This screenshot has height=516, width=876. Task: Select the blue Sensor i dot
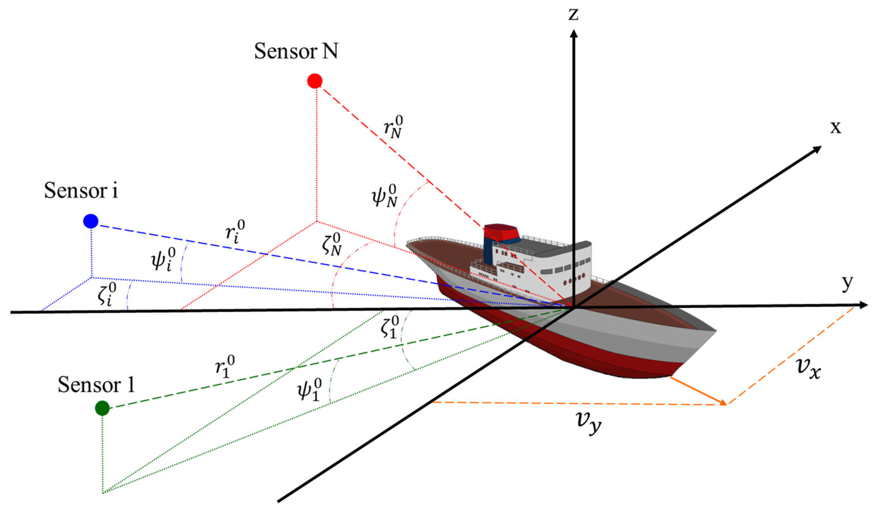[x=91, y=221]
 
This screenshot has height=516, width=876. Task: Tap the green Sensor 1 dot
[x=102, y=408]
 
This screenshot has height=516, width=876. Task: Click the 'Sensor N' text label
[x=296, y=52]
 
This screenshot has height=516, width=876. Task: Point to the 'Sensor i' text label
[x=81, y=191]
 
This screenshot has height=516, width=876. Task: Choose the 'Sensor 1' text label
[x=96, y=385]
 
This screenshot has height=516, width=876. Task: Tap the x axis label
[x=835, y=128]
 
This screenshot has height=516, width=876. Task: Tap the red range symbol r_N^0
[x=393, y=128]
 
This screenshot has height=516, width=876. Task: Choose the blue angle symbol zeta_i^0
[x=107, y=294]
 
